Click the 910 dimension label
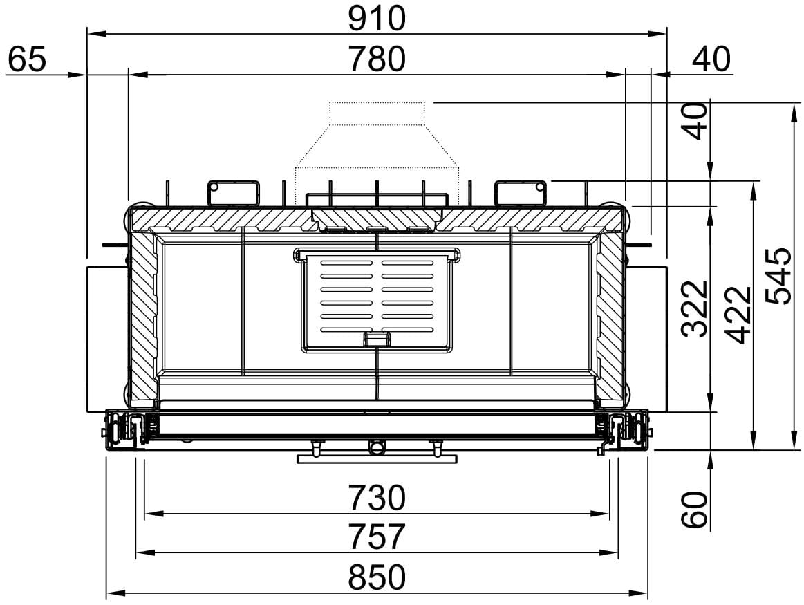click(x=376, y=18)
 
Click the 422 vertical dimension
click(x=739, y=315)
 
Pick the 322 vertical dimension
click(x=695, y=308)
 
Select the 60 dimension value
click(x=695, y=509)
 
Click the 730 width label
click(x=376, y=497)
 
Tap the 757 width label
click(x=376, y=537)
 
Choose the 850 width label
click(x=376, y=576)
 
